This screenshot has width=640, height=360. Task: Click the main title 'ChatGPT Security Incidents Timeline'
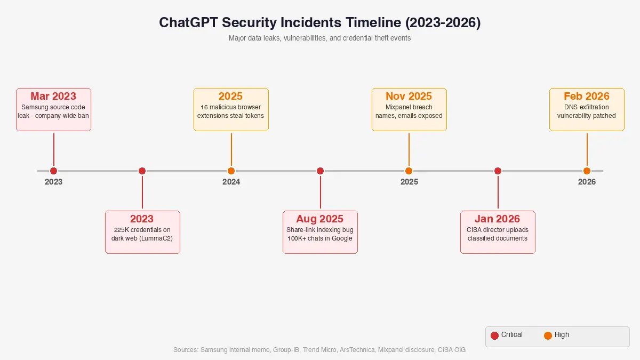point(319,23)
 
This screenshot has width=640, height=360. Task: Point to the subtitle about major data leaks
point(319,38)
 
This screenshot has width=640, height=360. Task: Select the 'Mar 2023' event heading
point(53,97)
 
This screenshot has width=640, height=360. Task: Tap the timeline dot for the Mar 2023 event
point(53,171)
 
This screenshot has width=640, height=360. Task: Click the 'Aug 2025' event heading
point(320,219)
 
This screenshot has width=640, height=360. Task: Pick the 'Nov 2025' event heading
point(409,97)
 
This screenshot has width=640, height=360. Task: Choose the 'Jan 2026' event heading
point(498,219)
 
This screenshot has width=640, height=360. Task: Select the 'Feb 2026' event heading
point(587,97)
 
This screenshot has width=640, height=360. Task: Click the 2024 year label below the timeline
point(231,182)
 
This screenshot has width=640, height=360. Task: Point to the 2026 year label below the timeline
point(587,182)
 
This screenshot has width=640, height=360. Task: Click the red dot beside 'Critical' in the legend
point(494,335)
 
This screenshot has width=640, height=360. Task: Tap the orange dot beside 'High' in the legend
point(548,335)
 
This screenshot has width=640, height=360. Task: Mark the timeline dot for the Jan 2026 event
point(498,171)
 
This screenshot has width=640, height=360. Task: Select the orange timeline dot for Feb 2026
point(587,171)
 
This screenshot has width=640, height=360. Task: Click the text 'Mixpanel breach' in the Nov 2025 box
point(409,107)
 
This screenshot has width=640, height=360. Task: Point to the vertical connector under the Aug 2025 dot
point(320,192)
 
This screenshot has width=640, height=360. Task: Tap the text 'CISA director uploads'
point(498,230)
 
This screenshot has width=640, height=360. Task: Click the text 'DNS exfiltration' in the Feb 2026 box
point(587,107)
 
